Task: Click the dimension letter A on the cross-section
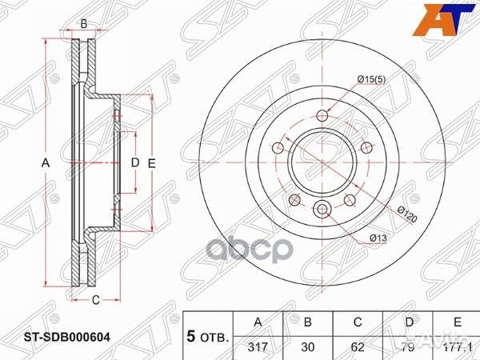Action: pyautogui.click(x=46, y=163)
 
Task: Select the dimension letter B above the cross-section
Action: pyautogui.click(x=84, y=24)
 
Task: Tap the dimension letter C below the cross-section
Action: pyautogui.click(x=94, y=301)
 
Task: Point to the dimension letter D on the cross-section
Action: pyautogui.click(x=134, y=163)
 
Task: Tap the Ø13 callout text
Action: pyautogui.click(x=378, y=238)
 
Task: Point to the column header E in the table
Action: pyautogui.click(x=455, y=322)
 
